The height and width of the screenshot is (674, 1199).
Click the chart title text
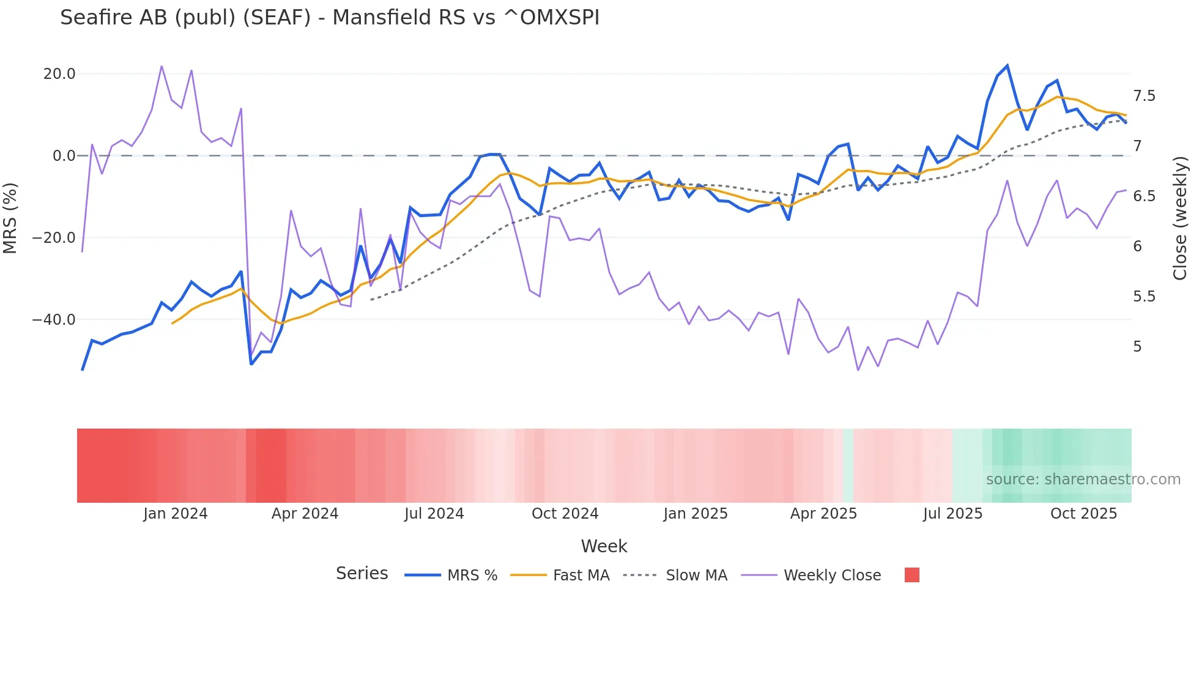click(330, 18)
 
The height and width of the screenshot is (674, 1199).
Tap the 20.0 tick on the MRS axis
click(59, 74)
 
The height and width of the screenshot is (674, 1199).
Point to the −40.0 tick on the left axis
click(54, 320)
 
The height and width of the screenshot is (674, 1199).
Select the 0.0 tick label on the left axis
click(64, 156)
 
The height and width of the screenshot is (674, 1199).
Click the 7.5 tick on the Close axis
click(1144, 96)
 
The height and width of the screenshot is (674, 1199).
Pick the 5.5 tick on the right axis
click(1144, 297)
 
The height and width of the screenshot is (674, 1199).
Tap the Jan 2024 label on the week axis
click(176, 514)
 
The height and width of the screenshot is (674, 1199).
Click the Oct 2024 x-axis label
click(565, 514)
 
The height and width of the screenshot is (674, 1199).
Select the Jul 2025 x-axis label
click(952, 514)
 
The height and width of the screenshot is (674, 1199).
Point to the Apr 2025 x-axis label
click(823, 514)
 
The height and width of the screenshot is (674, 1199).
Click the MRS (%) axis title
click(10, 218)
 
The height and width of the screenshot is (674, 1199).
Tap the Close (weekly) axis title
click(1180, 218)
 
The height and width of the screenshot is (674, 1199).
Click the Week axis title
click(604, 546)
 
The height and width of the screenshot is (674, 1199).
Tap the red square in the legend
click(911, 575)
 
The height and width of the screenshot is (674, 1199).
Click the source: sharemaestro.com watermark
click(1083, 480)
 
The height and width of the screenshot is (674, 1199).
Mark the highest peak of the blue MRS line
click(1007, 66)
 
